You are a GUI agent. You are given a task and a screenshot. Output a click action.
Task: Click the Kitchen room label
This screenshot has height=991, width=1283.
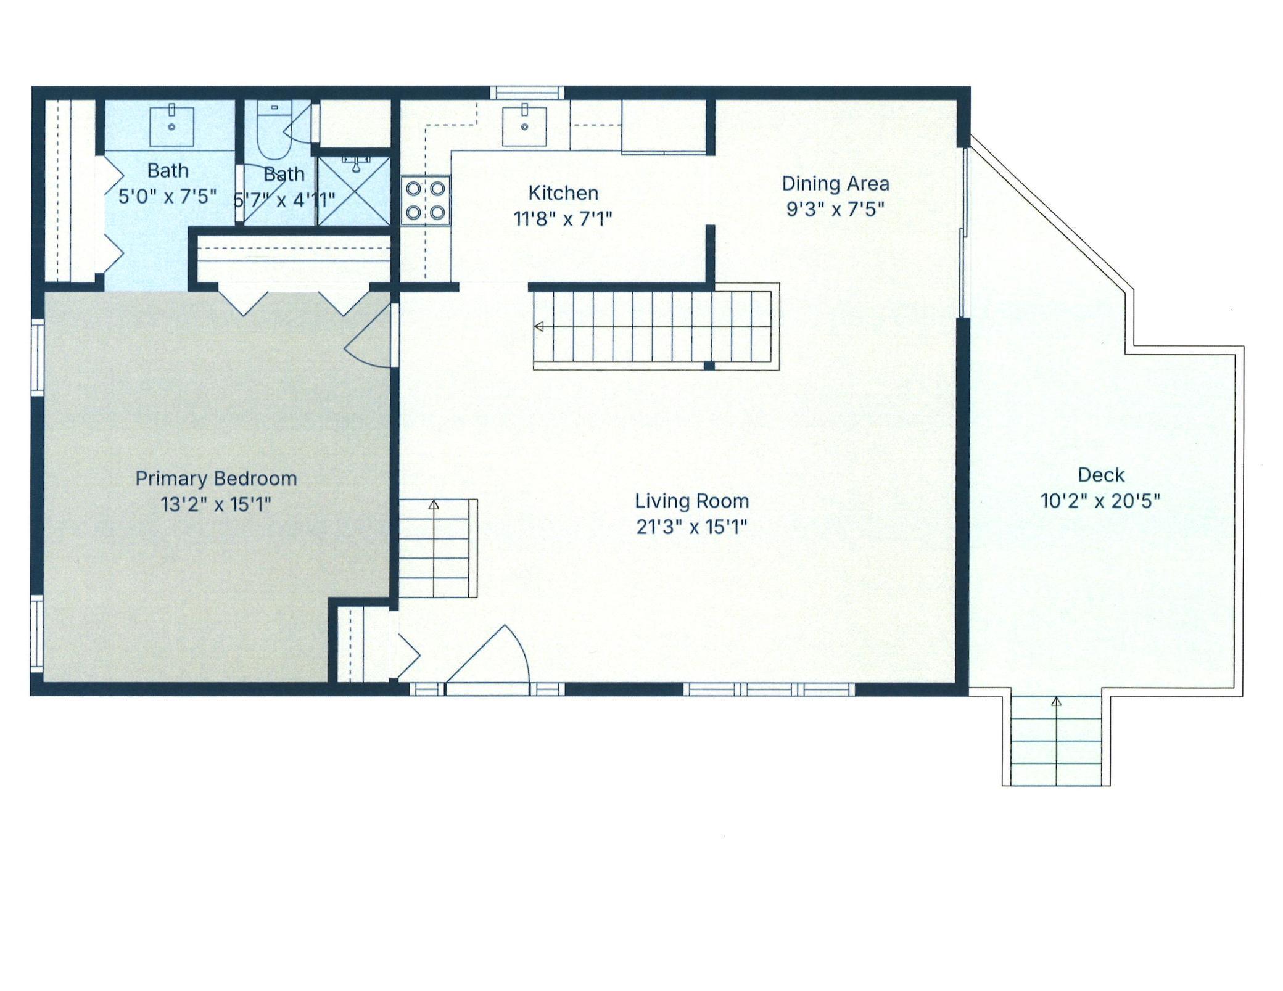point(563,193)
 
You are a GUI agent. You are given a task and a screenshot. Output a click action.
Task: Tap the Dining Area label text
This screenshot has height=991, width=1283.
point(835,184)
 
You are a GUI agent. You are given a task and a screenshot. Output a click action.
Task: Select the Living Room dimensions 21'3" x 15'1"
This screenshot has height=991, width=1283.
point(691,527)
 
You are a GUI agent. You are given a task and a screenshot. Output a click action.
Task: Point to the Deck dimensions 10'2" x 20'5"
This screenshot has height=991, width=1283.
point(1100,501)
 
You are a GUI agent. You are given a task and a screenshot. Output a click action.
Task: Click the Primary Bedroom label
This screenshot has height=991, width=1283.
point(216,479)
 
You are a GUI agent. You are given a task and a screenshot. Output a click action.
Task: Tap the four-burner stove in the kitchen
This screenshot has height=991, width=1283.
point(425,200)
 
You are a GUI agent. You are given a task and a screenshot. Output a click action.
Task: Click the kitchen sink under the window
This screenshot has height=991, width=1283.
point(524,126)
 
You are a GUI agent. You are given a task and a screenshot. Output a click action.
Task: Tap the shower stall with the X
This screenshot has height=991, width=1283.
point(353,191)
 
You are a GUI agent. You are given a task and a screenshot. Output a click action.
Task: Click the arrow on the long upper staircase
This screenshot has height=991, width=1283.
point(539,326)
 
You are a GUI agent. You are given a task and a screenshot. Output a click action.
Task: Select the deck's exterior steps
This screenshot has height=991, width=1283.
point(1056,741)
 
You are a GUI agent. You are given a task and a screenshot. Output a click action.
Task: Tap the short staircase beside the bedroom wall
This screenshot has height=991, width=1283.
point(438,548)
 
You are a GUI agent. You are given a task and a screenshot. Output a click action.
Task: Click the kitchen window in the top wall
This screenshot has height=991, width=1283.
point(527,93)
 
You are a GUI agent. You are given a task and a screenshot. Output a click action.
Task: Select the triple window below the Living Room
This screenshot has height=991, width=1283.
point(769,689)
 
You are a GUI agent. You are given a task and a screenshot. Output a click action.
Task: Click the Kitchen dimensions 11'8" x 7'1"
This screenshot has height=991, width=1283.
point(563,219)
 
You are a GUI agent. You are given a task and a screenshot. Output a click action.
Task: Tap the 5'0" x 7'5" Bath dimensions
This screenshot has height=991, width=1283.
point(167,197)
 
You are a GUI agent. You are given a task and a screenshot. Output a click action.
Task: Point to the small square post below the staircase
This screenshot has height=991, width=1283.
point(709,366)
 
